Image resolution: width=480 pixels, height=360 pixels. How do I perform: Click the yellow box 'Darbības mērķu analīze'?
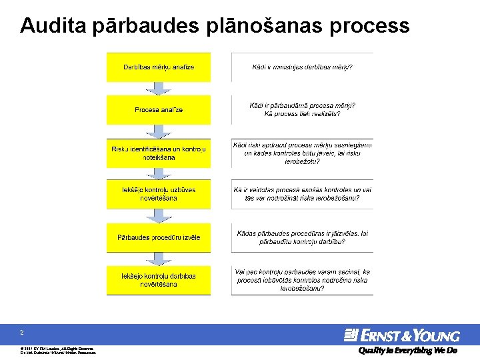click(159, 67)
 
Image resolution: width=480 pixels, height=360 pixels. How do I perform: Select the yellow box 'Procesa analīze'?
click(159, 109)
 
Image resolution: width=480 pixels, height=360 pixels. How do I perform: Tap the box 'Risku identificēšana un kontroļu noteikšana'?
click(159, 153)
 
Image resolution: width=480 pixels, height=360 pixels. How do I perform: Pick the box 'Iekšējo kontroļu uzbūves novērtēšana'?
click(159, 194)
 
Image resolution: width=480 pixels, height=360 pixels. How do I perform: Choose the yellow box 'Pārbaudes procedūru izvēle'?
click(159, 237)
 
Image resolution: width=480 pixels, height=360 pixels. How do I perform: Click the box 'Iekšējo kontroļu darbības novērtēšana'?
click(159, 280)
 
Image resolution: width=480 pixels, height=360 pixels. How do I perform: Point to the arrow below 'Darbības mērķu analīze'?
click(159, 89)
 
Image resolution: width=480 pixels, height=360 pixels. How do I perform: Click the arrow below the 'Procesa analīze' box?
click(159, 131)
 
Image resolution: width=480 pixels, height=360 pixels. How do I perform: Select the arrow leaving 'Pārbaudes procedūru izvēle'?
click(159, 259)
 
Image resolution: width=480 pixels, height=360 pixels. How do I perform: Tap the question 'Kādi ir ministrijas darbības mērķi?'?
click(302, 67)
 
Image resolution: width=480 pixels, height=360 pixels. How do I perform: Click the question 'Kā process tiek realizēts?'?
click(302, 114)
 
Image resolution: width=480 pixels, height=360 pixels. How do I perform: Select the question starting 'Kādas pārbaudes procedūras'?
click(302, 237)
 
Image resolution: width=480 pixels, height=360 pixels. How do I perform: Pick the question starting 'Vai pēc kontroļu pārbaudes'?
click(302, 281)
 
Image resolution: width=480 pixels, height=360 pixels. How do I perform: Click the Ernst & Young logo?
click(401, 335)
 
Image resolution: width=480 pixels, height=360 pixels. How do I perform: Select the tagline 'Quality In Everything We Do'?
click(407, 351)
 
